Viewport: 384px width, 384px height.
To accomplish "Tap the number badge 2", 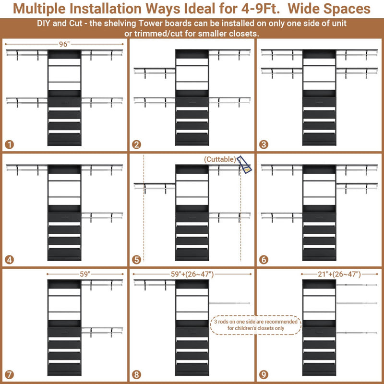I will pos(137,144).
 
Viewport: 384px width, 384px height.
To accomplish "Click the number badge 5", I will pos(137,260).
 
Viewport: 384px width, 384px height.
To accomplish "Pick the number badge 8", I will pos(137,374).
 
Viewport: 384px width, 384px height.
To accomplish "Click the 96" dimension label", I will pos(64,44).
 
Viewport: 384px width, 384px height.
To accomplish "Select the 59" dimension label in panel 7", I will pos(85,275).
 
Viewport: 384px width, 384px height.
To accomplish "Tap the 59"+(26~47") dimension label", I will pos(192,275).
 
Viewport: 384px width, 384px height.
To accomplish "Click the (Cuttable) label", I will pos(220,159).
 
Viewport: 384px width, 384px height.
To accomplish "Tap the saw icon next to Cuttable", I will pos(245,165).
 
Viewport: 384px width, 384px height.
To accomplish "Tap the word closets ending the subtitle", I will pos(243,33).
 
